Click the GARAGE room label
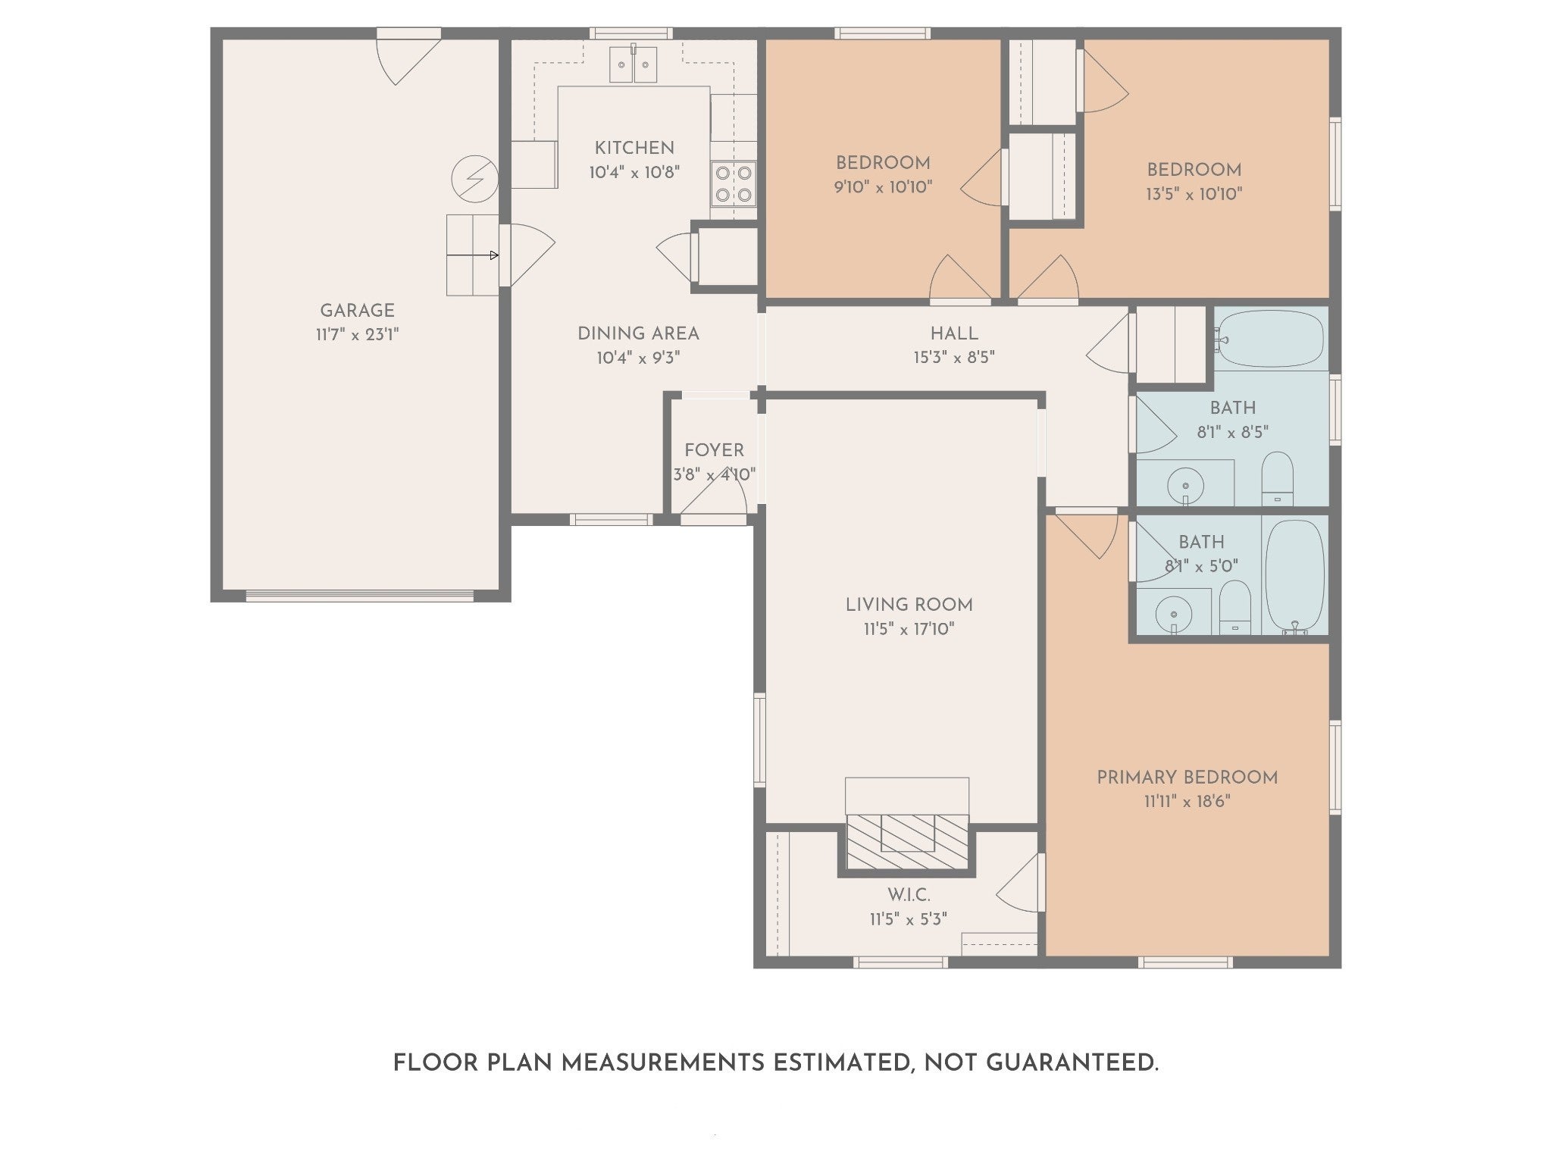pyautogui.click(x=357, y=311)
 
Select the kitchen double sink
pyautogui.click(x=633, y=64)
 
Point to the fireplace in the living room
pyautogui.click(x=907, y=842)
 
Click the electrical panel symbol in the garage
pyautogui.click(x=474, y=179)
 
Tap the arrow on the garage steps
pyautogui.click(x=472, y=255)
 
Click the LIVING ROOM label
pyautogui.click(x=909, y=605)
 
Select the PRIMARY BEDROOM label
pyautogui.click(x=1187, y=778)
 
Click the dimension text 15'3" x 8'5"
pyautogui.click(x=954, y=357)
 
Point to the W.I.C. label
pyautogui.click(x=909, y=895)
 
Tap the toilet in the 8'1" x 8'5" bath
pyautogui.click(x=1278, y=479)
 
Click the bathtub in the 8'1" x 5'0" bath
pyautogui.click(x=1295, y=575)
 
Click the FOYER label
pyautogui.click(x=714, y=450)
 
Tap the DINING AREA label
pyautogui.click(x=638, y=333)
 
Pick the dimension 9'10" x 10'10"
pyautogui.click(x=883, y=187)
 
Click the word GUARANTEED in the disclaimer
pyautogui.click(x=1072, y=1063)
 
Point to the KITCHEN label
pyautogui.click(x=634, y=148)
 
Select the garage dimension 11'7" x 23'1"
pyautogui.click(x=357, y=334)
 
